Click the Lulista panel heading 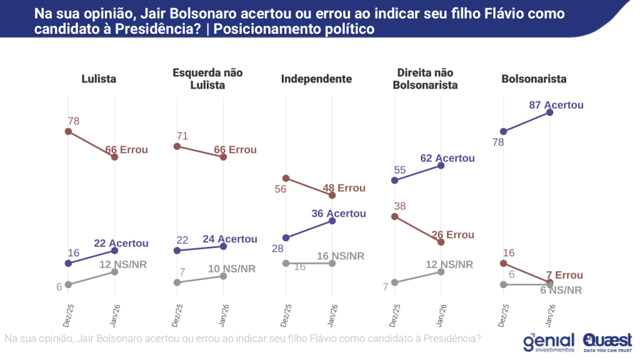click(99, 79)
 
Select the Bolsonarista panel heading click(534, 79)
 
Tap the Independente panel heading click(316, 79)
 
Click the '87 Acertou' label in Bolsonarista click(556, 105)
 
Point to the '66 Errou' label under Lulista click(127, 149)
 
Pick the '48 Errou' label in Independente click(344, 188)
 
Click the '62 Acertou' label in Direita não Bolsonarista click(447, 158)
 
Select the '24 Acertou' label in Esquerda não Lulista click(229, 239)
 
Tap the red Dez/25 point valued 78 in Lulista click(68, 131)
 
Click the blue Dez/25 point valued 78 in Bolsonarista click(504, 131)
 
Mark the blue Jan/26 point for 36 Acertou click(332, 221)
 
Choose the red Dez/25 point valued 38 click(394, 216)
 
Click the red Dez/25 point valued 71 click(177, 146)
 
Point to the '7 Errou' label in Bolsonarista click(564, 276)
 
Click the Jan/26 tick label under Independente click(332, 316)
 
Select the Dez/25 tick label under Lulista click(67, 316)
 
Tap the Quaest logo click(607, 342)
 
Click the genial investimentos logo click(549, 342)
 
